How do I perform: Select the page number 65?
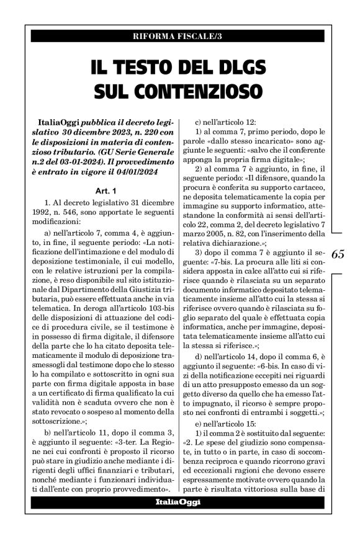click(340, 255)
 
